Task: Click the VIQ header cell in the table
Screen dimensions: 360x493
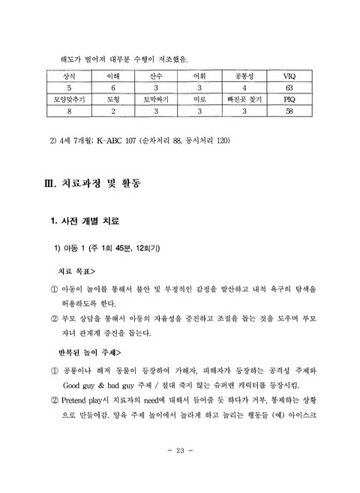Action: [x=289, y=77]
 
